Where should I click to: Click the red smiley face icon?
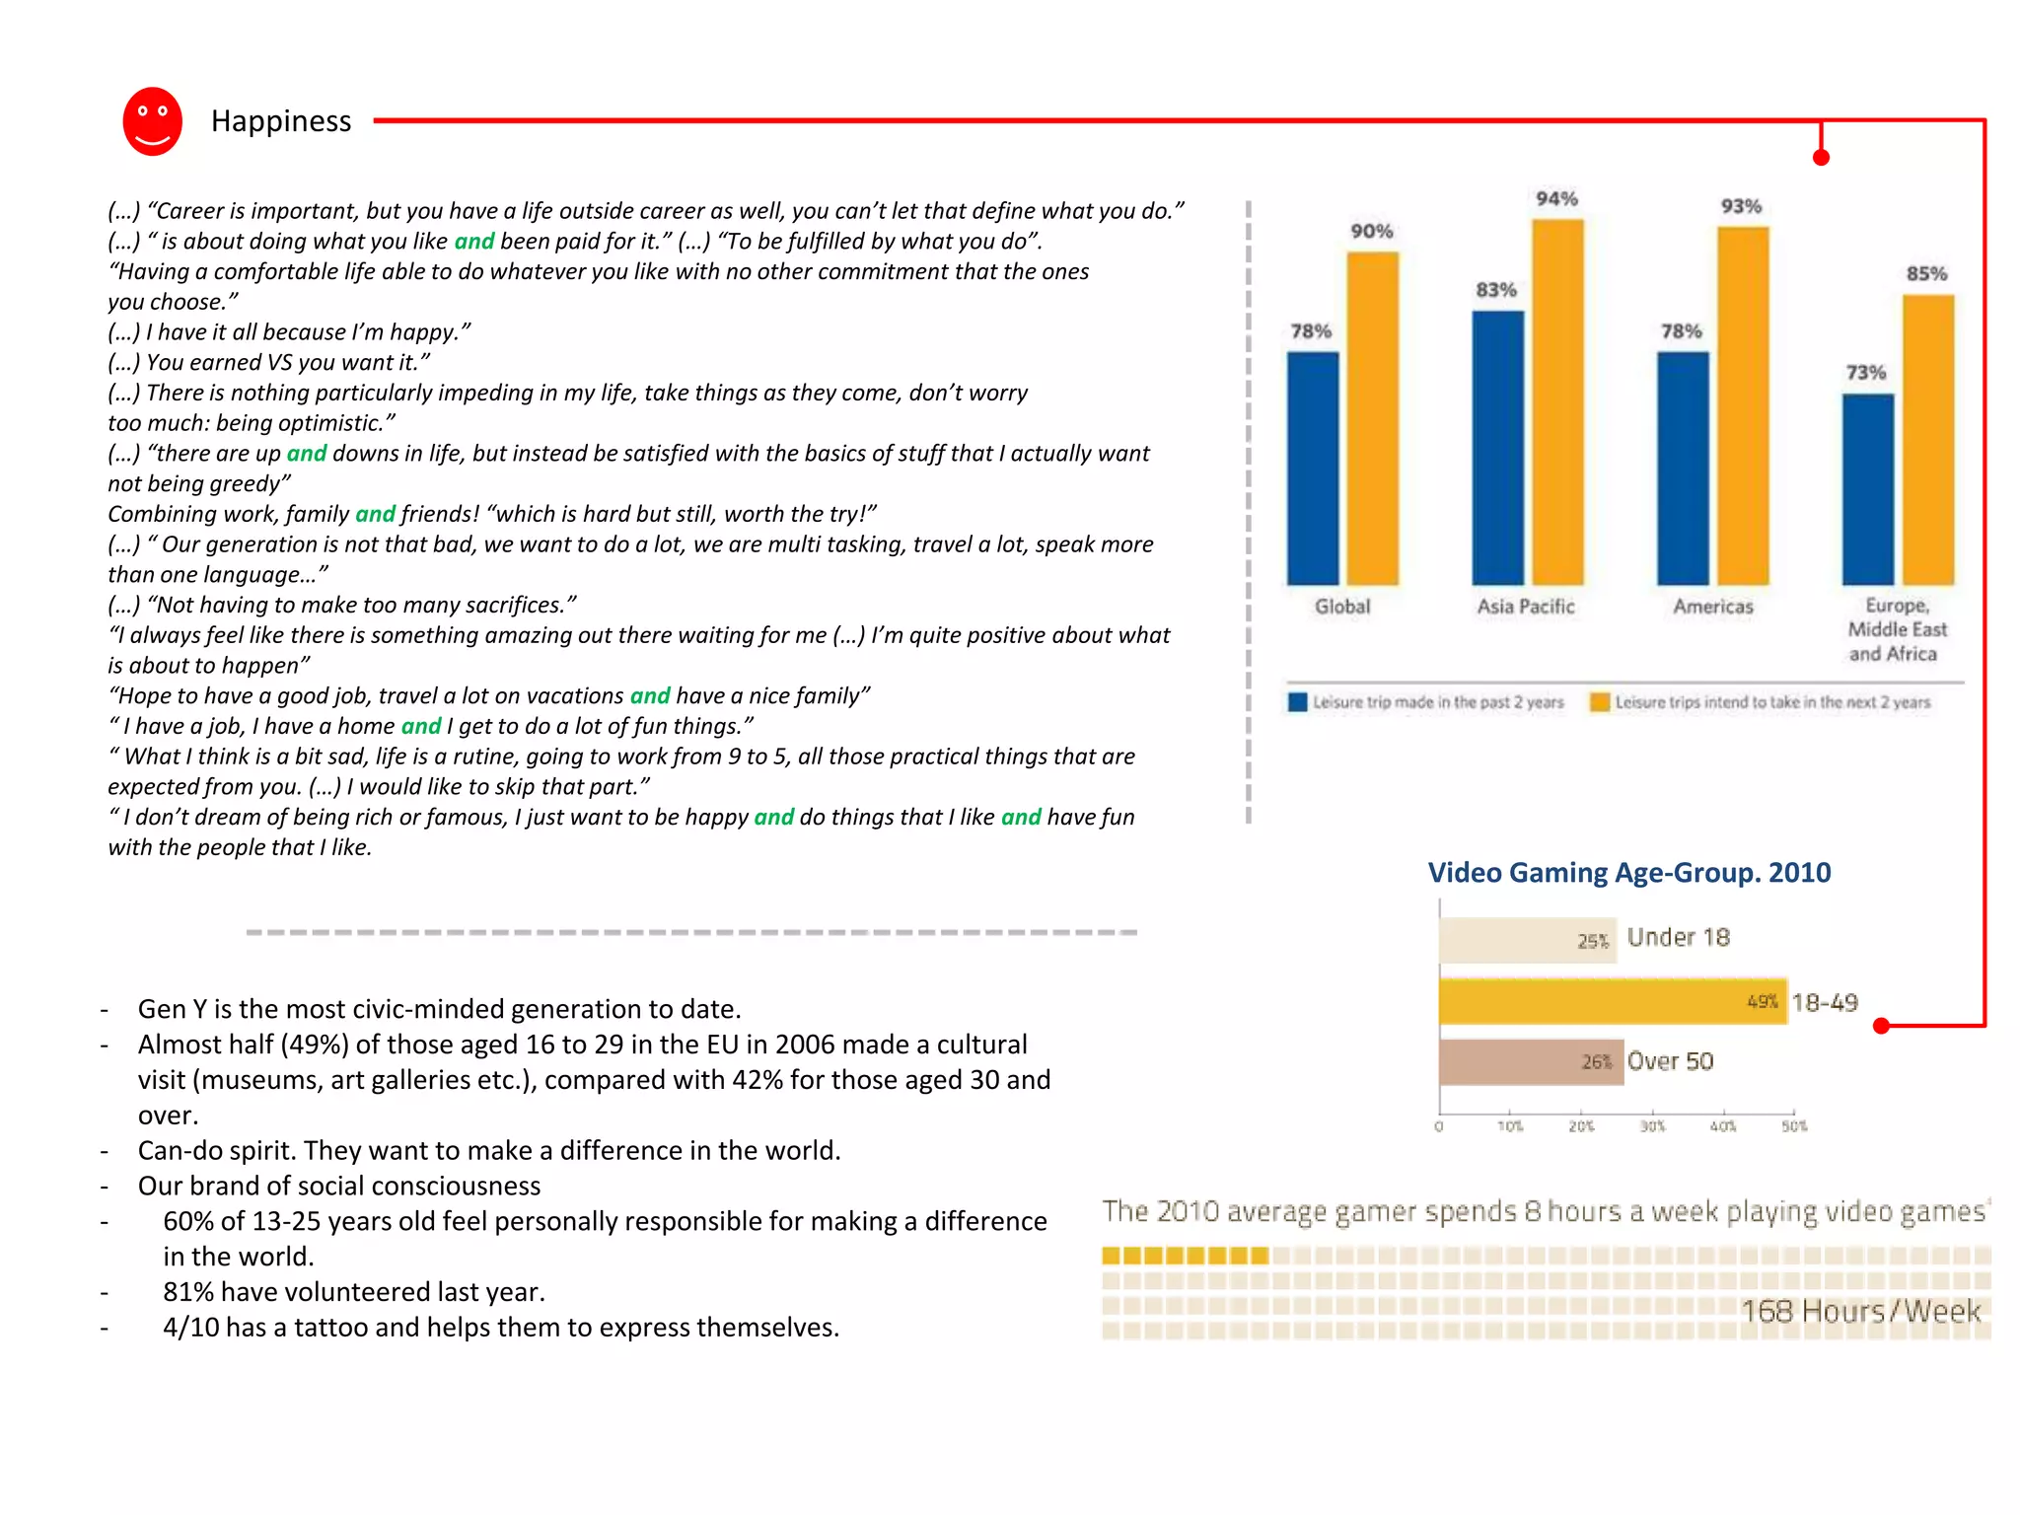(152, 121)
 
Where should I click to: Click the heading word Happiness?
(281, 121)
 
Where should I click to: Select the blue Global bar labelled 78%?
(1312, 468)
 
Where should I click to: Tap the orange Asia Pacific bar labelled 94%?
(1557, 401)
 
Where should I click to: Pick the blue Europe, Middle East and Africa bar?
(1867, 489)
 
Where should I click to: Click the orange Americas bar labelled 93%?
(1743, 405)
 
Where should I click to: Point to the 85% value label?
(1926, 273)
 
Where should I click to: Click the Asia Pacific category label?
(1526, 607)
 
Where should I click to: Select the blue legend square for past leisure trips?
(1297, 702)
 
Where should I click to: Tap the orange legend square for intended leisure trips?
(1600, 702)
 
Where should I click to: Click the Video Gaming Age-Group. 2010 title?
(1628, 873)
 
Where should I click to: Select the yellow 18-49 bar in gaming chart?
(1612, 1002)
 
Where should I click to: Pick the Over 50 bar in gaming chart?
(1531, 1062)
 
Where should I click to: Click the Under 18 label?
(1678, 937)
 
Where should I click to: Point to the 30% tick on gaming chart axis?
(1652, 1126)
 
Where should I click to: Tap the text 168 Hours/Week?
(1860, 1311)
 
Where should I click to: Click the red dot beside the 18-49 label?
(1881, 1026)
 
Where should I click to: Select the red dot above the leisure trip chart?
(1821, 158)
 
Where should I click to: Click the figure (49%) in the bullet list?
(314, 1045)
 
